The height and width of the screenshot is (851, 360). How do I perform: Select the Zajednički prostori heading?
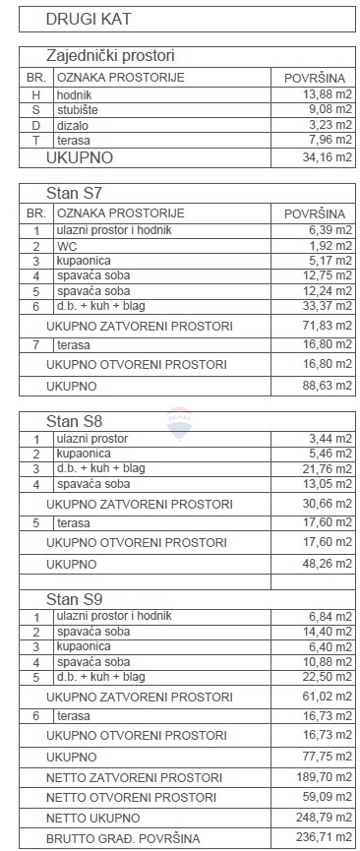coord(118,56)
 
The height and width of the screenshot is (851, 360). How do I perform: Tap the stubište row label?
coord(81,109)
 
